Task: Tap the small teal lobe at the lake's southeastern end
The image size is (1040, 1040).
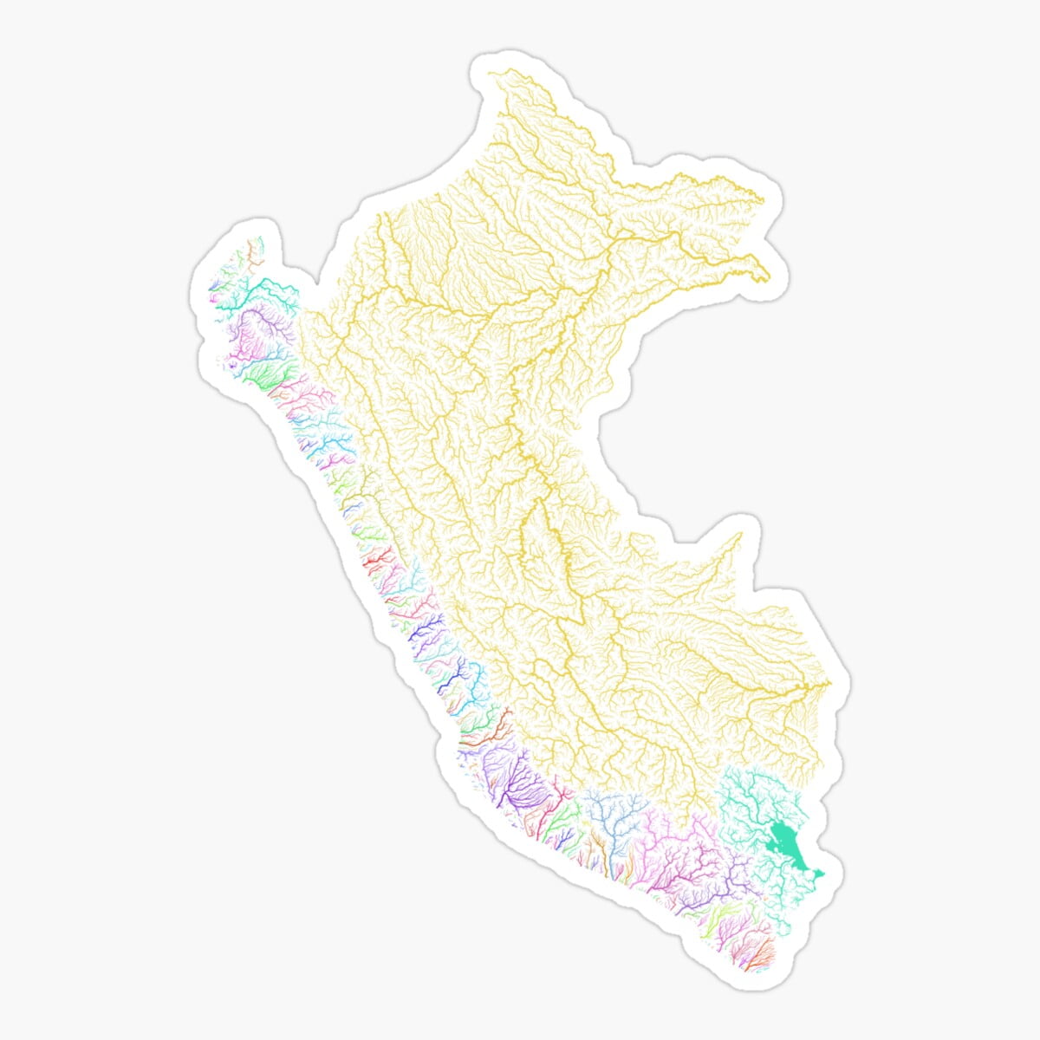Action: click(x=822, y=874)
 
